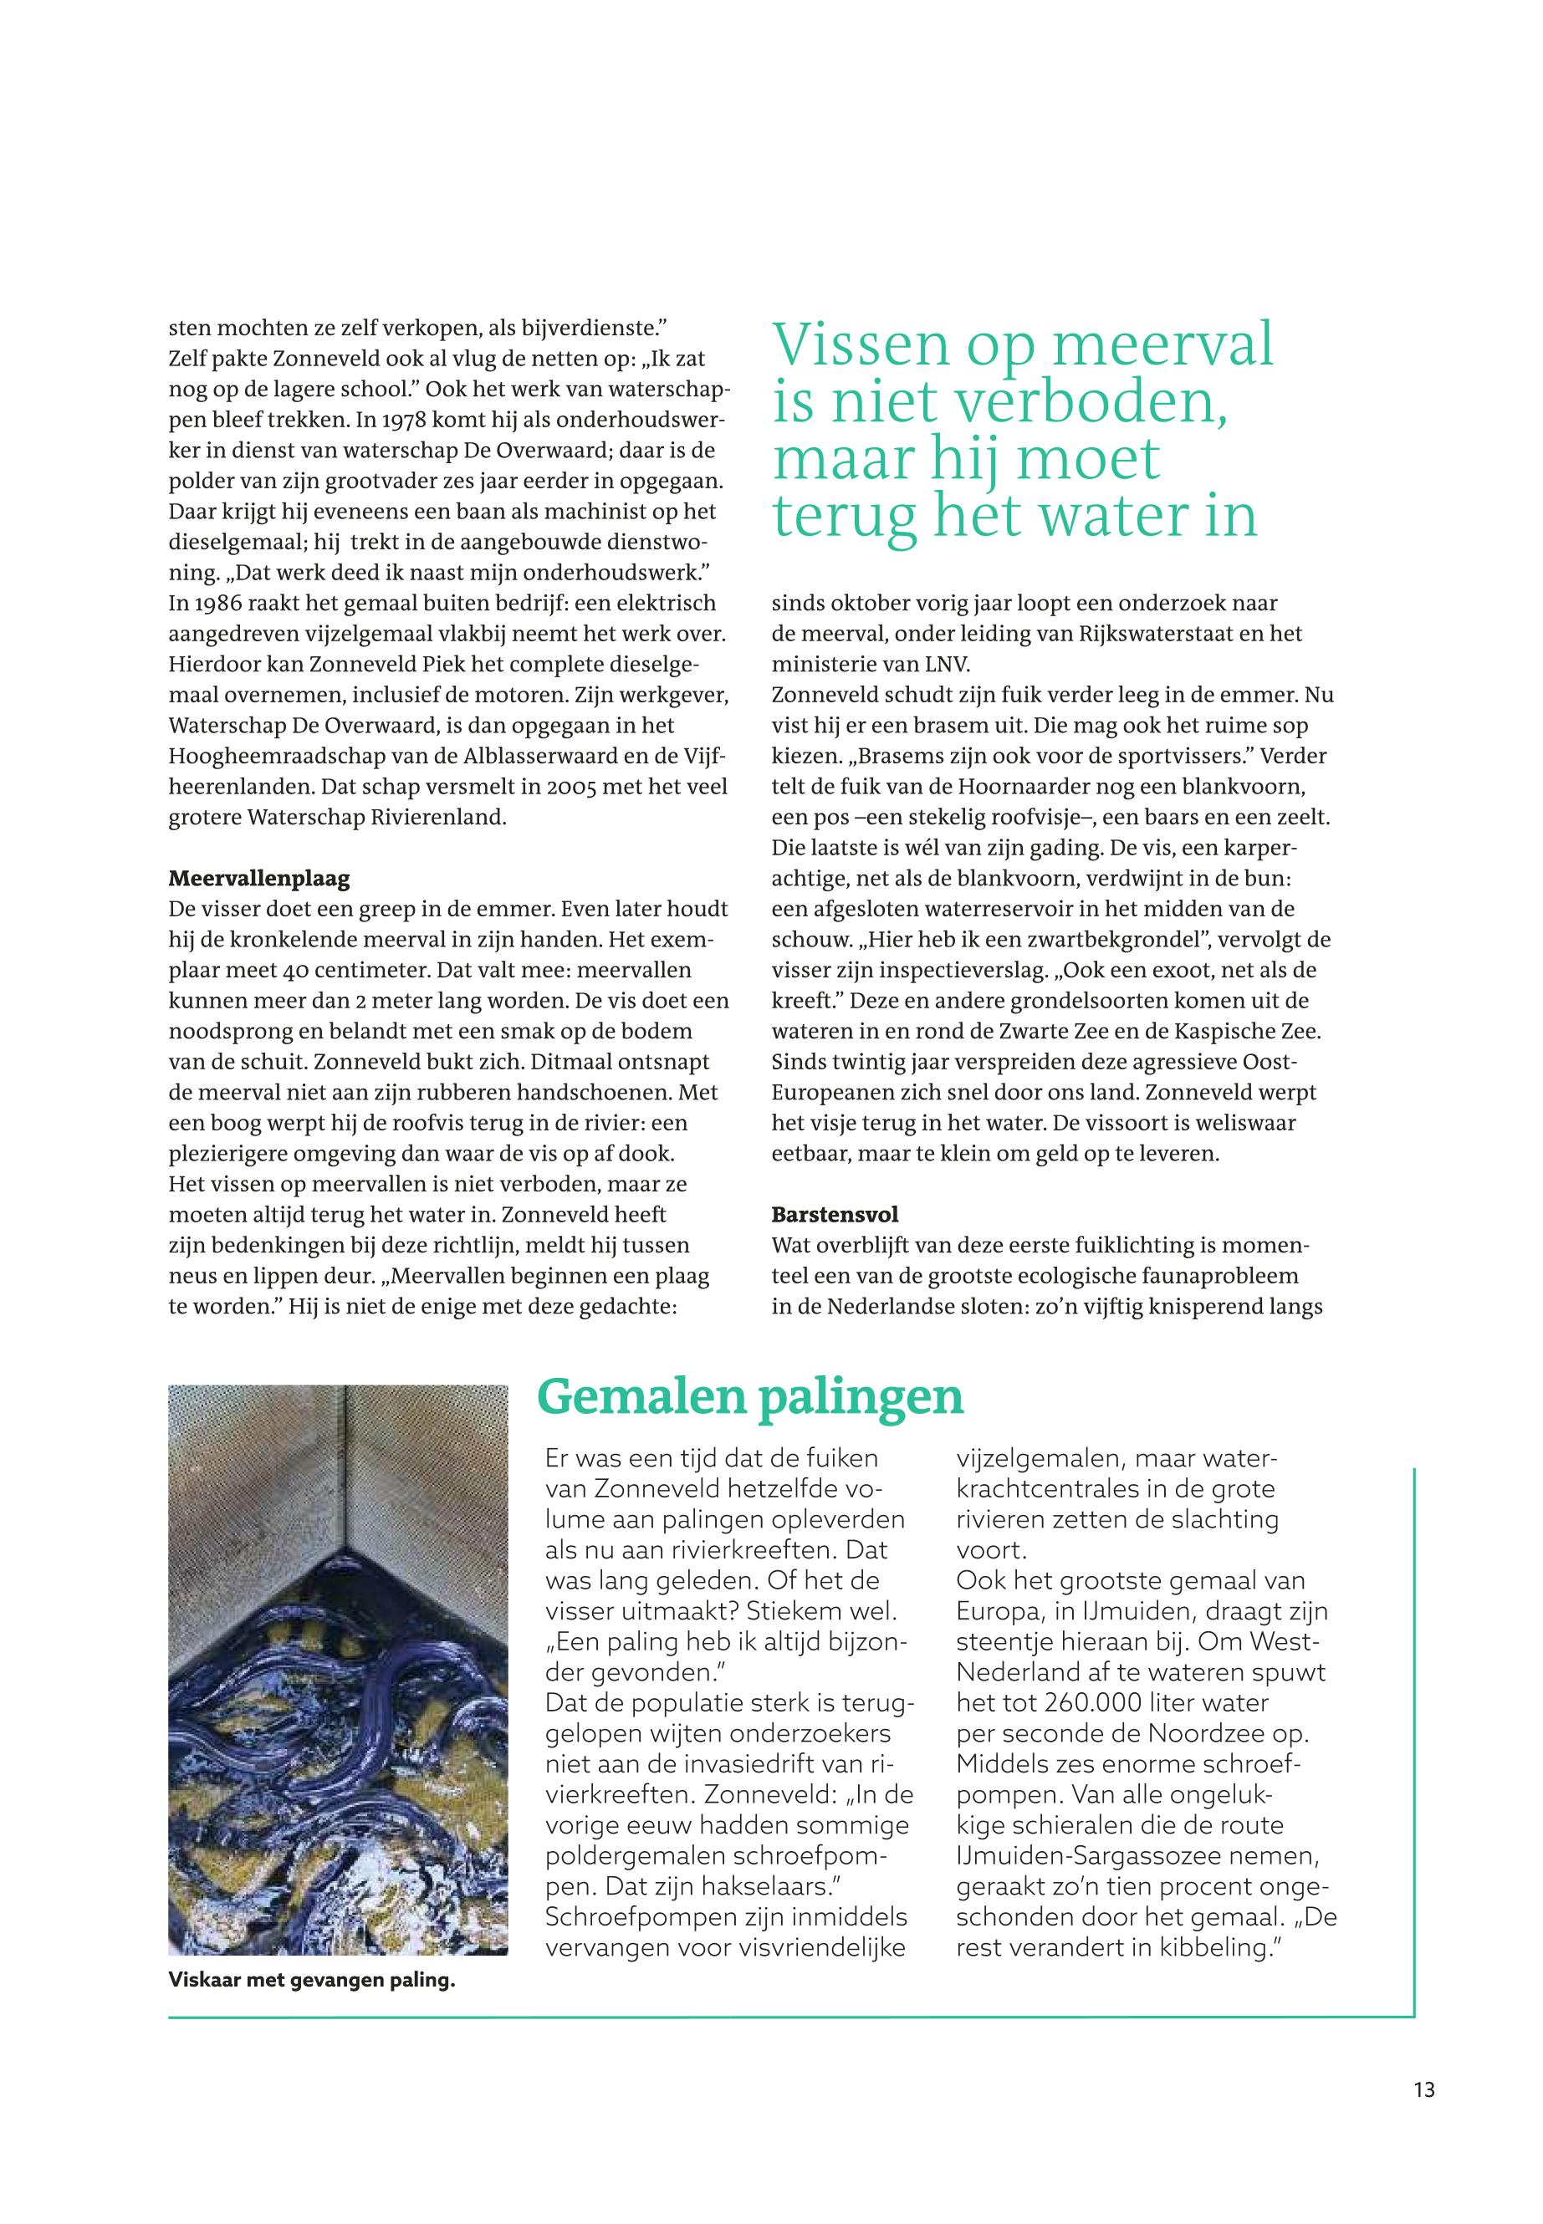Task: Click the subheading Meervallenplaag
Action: coord(259,879)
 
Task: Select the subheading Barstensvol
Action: coord(835,1213)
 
